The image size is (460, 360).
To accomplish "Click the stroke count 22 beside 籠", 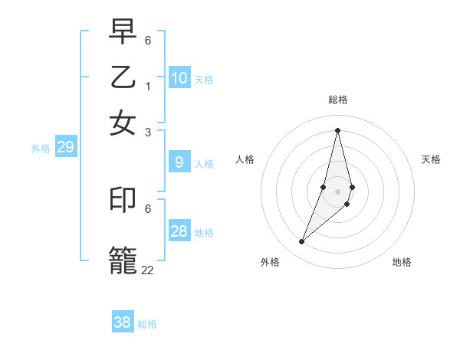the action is point(147,270).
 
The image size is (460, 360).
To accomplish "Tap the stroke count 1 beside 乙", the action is point(148,86).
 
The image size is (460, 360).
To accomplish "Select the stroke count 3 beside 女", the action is point(148,132).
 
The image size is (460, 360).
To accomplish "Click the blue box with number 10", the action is point(179,78).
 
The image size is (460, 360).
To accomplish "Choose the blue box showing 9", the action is point(179,162).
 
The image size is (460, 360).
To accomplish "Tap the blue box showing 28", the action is point(179,231).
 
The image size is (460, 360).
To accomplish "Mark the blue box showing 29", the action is point(65,148).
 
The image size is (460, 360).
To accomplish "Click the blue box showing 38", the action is point(123,322).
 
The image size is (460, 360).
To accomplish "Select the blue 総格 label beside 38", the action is point(147,324).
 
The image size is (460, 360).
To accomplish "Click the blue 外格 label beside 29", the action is point(40,149).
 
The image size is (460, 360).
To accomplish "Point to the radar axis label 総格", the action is point(338,100).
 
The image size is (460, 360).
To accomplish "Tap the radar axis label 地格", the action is point(402,262).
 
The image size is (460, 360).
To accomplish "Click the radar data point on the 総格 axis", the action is point(337,130).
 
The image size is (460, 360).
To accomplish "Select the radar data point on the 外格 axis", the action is point(301,242).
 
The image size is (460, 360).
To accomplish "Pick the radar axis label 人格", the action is point(245,159).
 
